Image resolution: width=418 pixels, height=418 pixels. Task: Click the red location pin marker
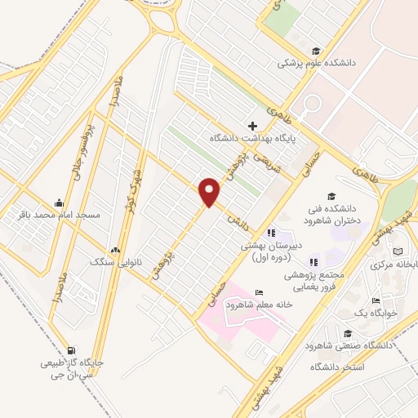pyautogui.click(x=210, y=192)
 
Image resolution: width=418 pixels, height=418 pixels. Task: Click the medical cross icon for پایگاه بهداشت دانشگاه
pyautogui.click(x=252, y=126)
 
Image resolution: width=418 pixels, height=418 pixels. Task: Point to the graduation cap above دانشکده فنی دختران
pyautogui.click(x=331, y=196)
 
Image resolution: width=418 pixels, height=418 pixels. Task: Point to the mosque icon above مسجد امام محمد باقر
pyautogui.click(x=59, y=202)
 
